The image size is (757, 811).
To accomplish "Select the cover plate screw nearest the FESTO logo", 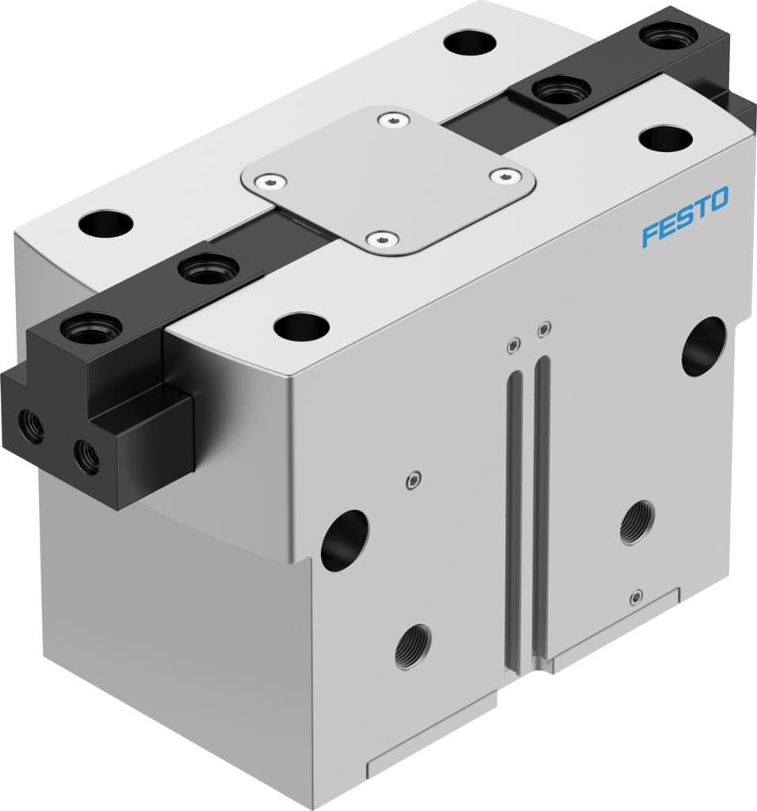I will click(x=500, y=175).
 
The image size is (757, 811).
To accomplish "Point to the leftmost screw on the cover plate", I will click(x=273, y=180).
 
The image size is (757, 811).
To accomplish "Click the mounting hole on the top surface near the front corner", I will click(x=301, y=326).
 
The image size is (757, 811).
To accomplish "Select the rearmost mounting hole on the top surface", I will click(x=470, y=42).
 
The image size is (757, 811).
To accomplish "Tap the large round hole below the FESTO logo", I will click(x=703, y=346).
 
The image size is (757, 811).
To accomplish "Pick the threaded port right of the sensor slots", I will click(x=637, y=523).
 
